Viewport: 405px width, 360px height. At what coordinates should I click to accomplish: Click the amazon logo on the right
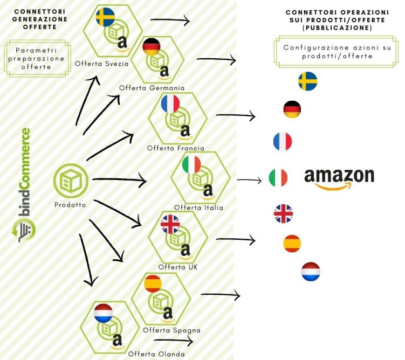(339, 178)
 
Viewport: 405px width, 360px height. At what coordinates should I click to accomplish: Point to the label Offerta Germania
(152, 87)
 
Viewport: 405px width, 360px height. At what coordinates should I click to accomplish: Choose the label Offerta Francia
(176, 148)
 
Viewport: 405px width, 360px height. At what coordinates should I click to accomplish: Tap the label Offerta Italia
(198, 207)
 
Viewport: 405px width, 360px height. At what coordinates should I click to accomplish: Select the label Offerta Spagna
(164, 329)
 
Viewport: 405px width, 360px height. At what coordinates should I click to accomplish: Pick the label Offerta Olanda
(148, 354)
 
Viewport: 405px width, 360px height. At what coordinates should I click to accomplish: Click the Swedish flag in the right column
(307, 81)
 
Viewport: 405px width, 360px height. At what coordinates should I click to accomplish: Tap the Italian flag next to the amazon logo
(278, 177)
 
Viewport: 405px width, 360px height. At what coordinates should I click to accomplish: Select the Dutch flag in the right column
(311, 272)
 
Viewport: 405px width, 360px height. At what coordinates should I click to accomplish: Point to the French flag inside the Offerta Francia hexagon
(170, 103)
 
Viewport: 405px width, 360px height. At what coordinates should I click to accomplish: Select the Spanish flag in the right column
(292, 244)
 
